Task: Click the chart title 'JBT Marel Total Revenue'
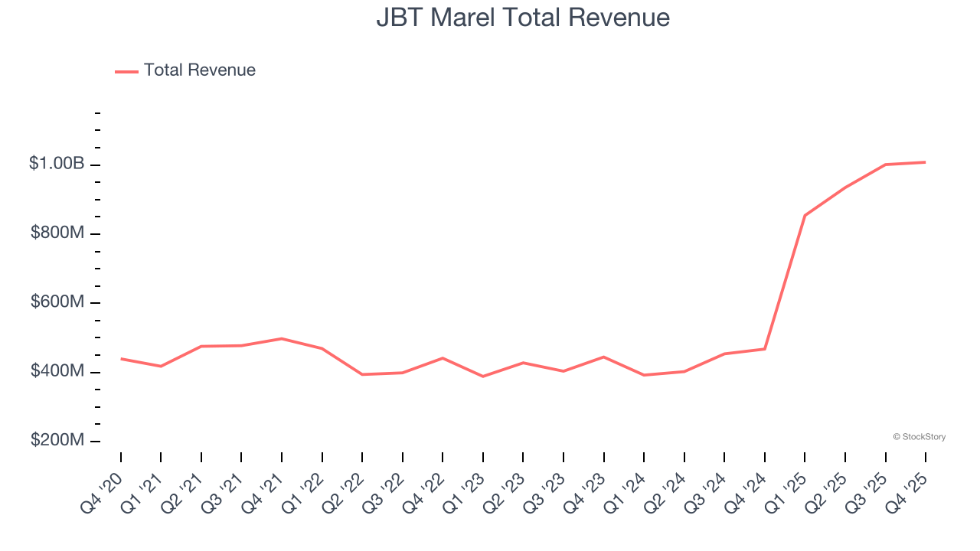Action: click(523, 18)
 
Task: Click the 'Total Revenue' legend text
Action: click(199, 70)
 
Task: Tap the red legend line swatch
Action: click(126, 71)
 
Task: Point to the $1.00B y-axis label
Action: click(57, 164)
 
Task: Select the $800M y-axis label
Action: click(57, 233)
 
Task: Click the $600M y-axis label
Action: click(57, 302)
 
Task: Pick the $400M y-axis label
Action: click(57, 371)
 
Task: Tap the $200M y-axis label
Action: click(57, 441)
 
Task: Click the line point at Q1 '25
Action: click(805, 215)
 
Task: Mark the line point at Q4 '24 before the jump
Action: click(765, 349)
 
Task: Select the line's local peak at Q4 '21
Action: click(282, 338)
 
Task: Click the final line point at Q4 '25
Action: click(925, 162)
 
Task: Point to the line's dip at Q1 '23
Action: click(483, 377)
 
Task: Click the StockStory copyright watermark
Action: click(919, 437)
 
